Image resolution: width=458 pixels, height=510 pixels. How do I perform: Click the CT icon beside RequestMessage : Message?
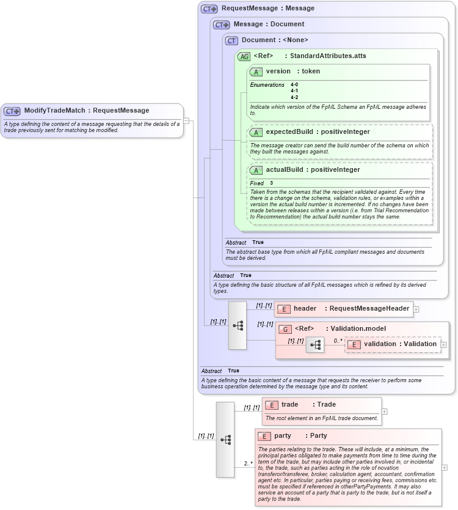(209, 9)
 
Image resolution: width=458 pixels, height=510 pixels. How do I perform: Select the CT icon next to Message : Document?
(221, 24)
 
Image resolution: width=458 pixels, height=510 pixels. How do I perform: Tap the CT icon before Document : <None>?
(231, 40)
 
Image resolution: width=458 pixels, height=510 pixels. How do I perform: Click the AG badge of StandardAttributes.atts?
(244, 56)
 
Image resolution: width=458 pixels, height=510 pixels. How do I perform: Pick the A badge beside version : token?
(256, 72)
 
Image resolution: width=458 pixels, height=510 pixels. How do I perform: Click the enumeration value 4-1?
(294, 91)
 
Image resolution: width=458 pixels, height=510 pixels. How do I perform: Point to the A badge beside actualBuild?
(256, 170)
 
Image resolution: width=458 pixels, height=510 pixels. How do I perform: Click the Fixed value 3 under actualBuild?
(272, 183)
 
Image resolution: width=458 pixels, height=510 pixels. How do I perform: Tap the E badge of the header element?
(283, 309)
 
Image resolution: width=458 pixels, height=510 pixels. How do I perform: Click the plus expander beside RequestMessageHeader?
(416, 309)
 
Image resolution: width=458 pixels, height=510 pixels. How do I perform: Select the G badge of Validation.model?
(285, 329)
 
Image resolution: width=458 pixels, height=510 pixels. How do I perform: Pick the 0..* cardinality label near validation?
(338, 340)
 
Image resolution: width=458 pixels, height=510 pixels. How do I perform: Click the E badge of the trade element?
(271, 405)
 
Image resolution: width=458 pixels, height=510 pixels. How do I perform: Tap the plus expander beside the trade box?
(384, 411)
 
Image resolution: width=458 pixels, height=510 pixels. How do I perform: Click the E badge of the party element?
(264, 436)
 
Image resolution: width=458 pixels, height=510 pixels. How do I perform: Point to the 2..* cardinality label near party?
(249, 464)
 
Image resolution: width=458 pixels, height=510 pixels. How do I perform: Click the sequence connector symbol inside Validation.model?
(315, 345)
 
